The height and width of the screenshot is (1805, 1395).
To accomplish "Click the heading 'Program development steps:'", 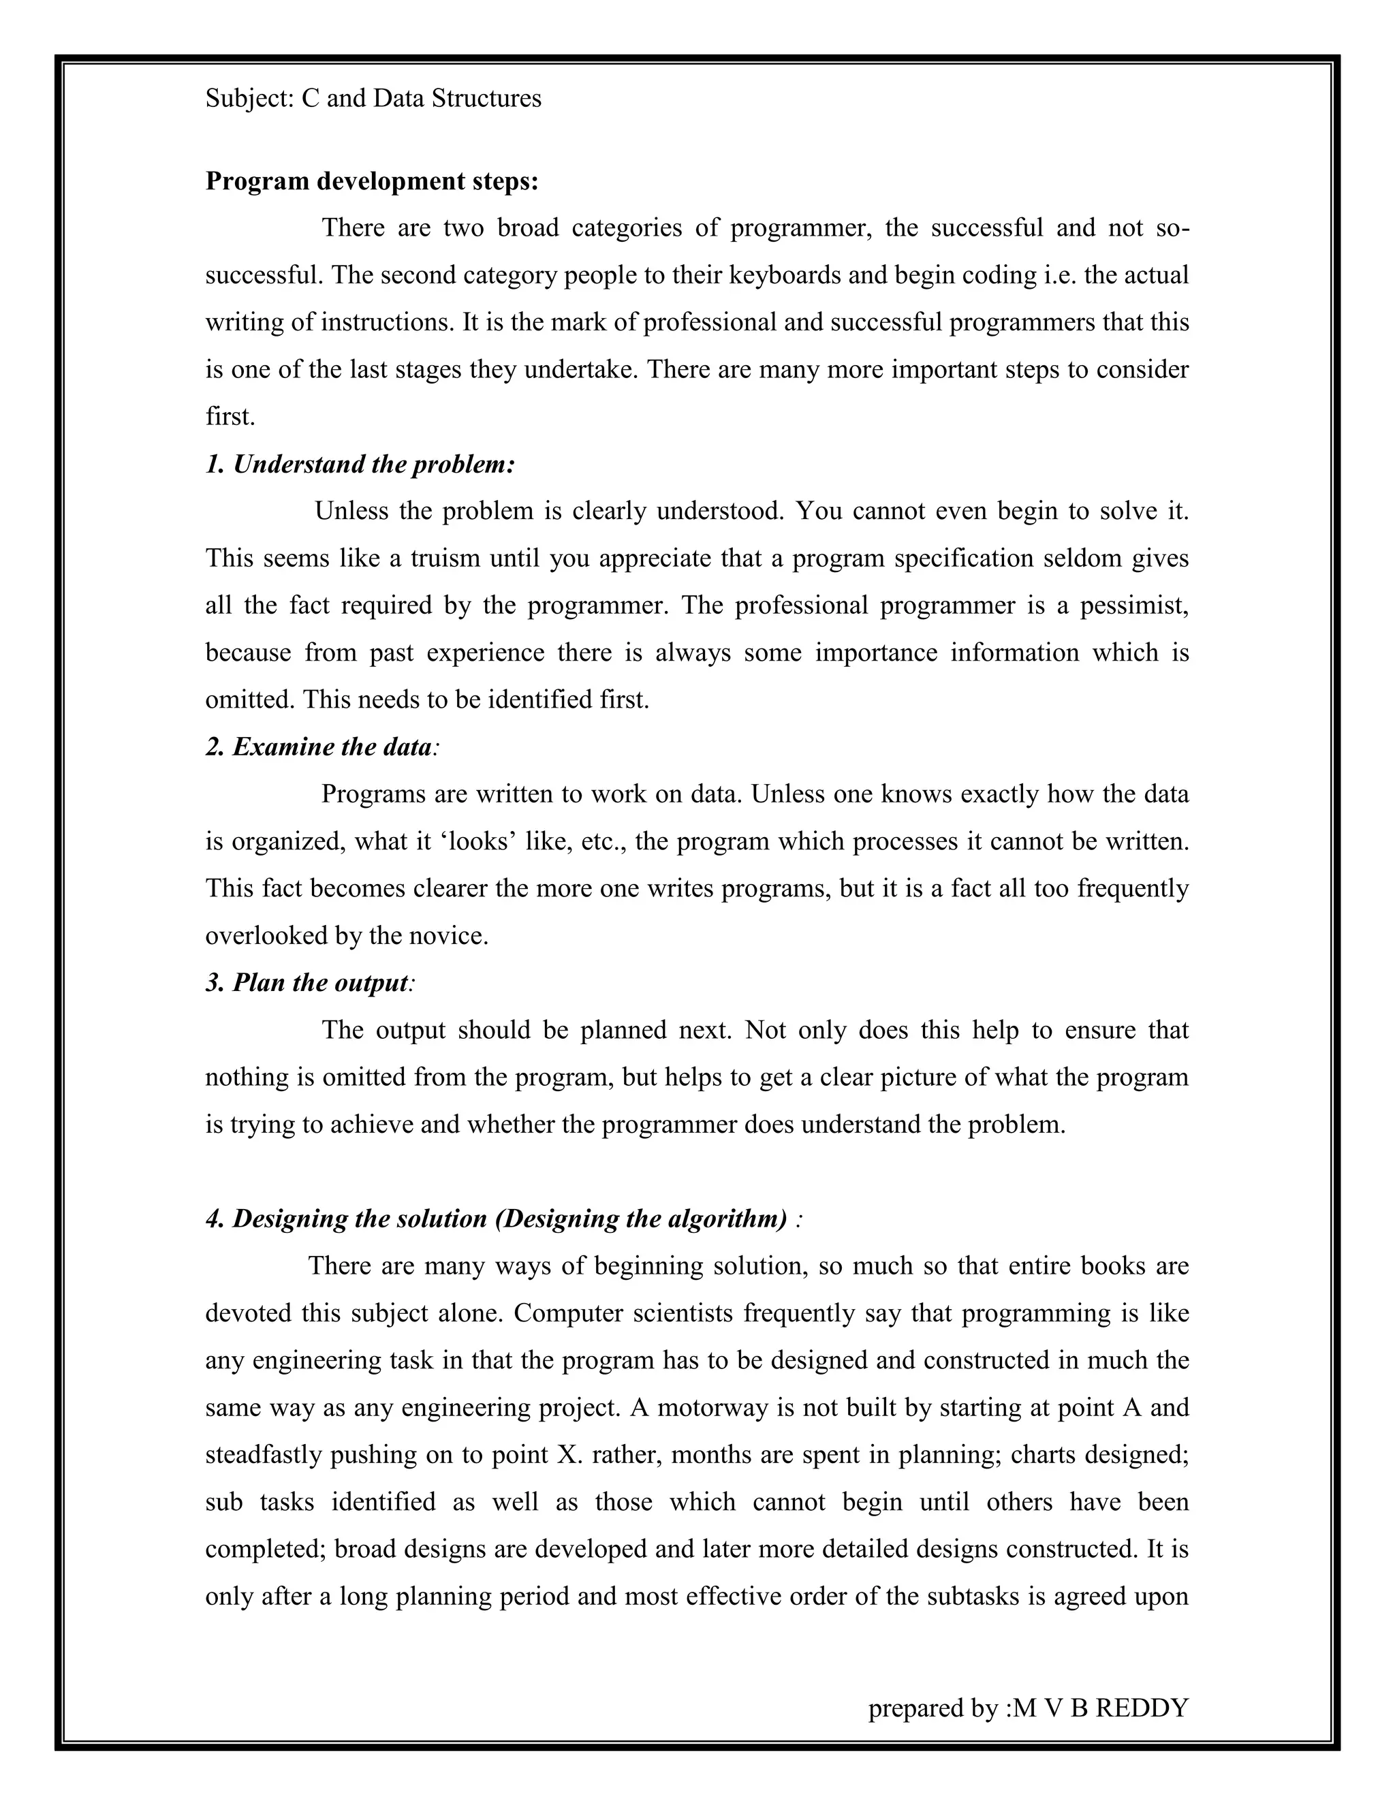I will [371, 181].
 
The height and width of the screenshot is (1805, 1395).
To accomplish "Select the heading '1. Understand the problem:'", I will [360, 465].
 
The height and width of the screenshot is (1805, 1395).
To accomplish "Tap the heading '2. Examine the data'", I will [318, 747].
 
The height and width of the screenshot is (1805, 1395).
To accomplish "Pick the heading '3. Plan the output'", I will [307, 983].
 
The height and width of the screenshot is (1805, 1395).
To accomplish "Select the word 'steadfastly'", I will [264, 1456].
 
